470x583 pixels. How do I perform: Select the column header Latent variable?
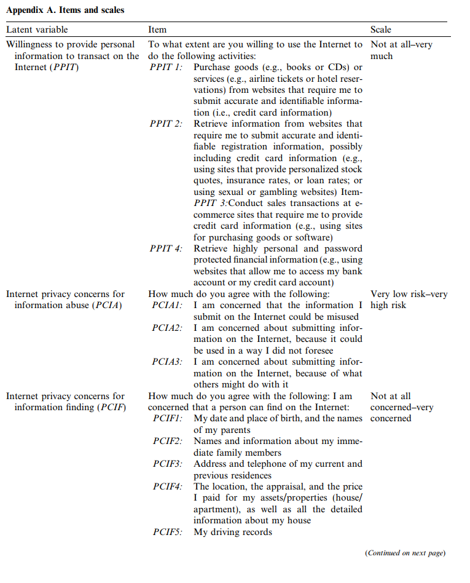coord(37,30)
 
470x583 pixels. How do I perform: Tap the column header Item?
coord(157,30)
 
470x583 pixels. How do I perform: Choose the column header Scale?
coord(380,30)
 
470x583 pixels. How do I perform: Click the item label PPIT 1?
coord(166,67)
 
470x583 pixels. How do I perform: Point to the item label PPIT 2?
coord(166,124)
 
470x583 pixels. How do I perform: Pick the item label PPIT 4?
coord(166,248)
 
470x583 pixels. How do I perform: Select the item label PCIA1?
coord(167,305)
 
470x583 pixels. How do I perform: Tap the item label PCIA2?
coord(167,328)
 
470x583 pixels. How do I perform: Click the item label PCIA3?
coord(167,362)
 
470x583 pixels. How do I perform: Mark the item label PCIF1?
coord(168,418)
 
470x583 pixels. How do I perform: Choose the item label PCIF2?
coord(168,441)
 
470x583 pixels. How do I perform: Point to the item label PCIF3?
coord(168,464)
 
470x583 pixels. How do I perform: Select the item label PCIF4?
coord(168,486)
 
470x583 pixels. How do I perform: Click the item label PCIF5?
coord(168,532)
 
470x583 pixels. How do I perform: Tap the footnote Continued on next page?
coord(405,553)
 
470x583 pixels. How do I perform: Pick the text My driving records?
coord(233,532)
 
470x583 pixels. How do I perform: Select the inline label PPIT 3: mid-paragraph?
coord(214,203)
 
